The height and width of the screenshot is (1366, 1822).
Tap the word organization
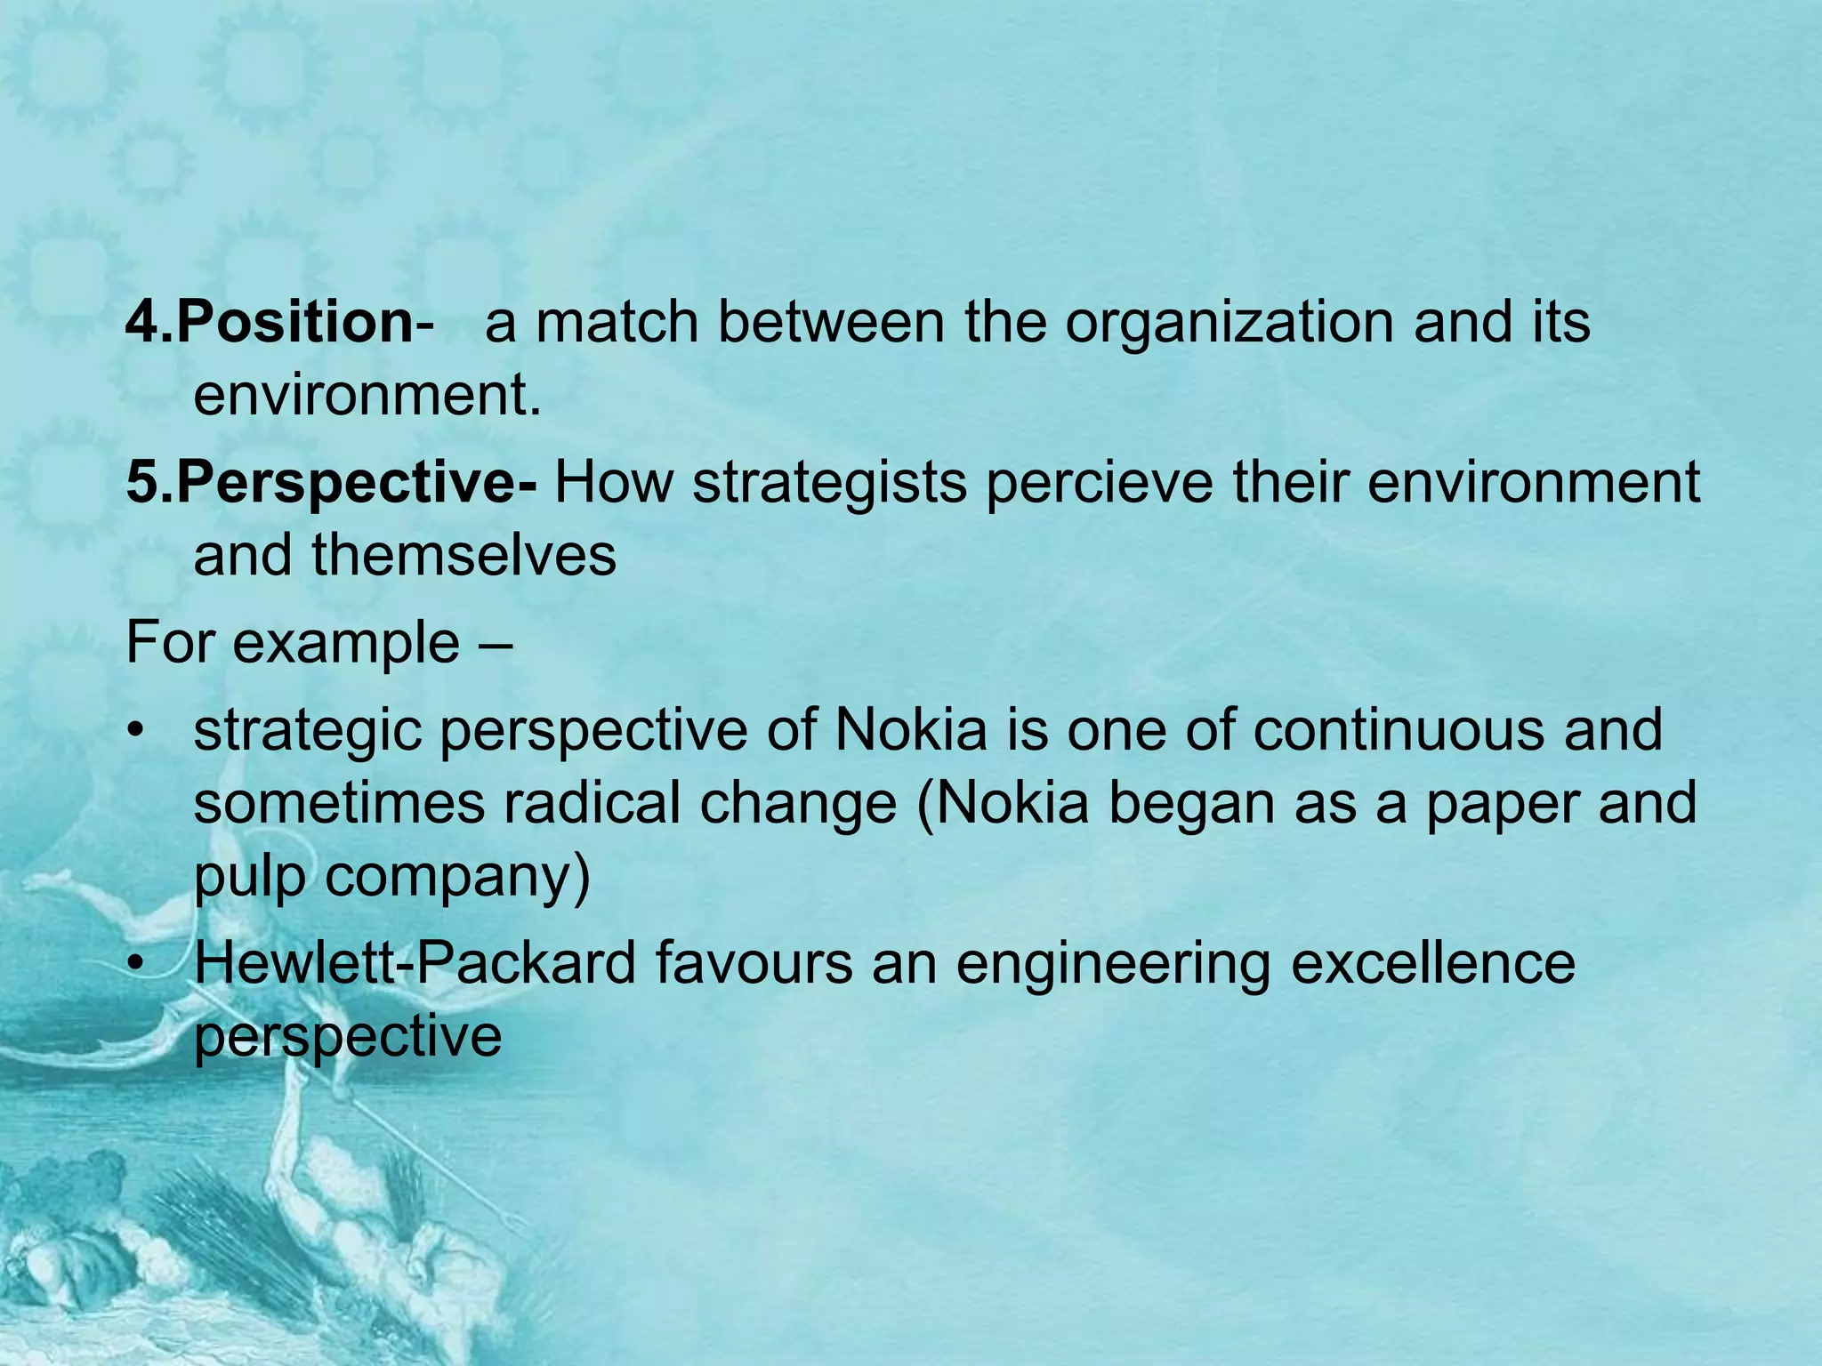(x=1229, y=322)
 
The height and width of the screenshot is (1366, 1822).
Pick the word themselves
(x=464, y=556)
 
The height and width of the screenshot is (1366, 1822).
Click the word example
(x=346, y=643)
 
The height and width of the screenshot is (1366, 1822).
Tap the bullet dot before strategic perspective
(x=134, y=732)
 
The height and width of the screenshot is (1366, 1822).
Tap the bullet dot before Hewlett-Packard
(x=134, y=964)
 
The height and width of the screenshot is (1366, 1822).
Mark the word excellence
(x=1433, y=962)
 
